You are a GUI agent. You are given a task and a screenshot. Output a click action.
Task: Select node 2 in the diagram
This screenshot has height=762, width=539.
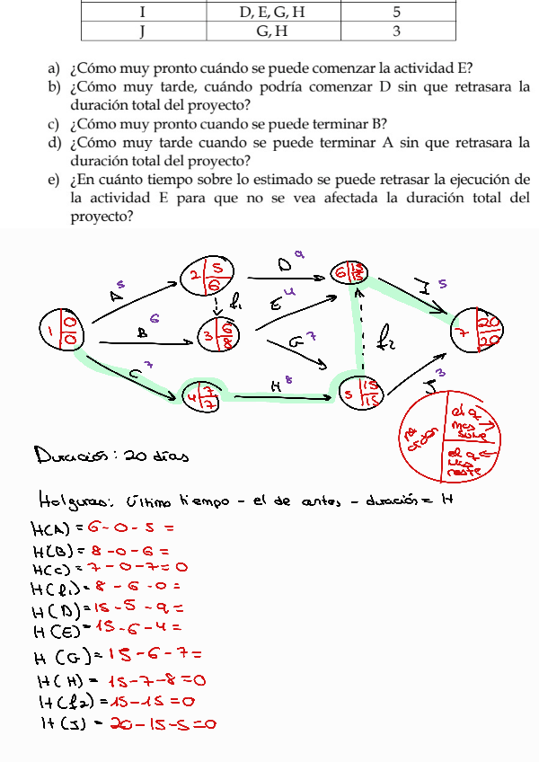click(x=208, y=277)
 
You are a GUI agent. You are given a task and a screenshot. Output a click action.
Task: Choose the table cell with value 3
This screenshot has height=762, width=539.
click(x=396, y=32)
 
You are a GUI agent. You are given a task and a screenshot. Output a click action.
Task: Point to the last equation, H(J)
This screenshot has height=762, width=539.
click(x=126, y=722)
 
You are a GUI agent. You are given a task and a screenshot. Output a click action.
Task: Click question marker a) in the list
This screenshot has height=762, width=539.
click(x=54, y=67)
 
